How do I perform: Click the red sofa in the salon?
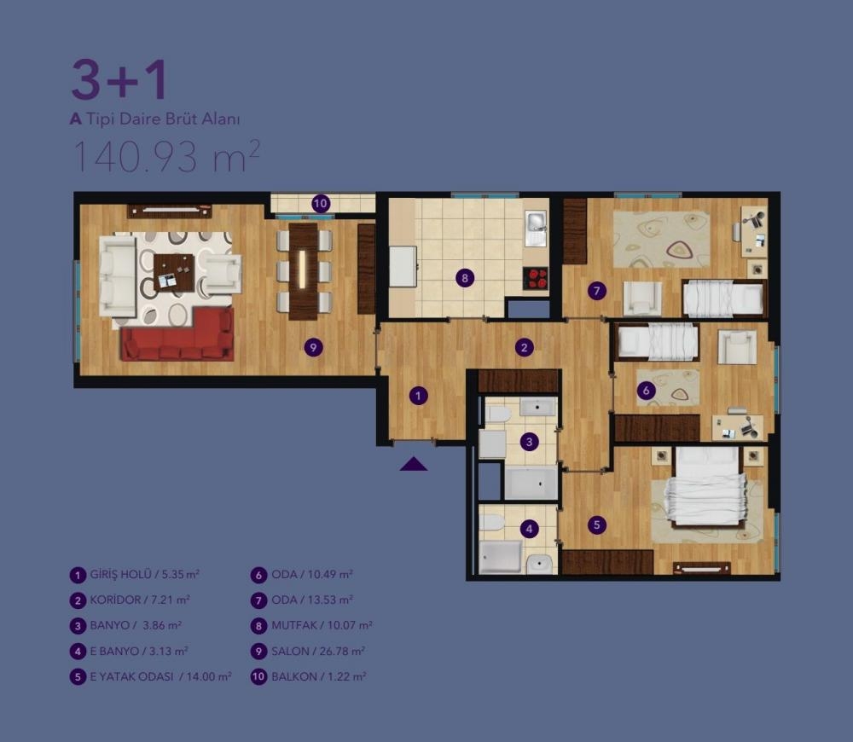click(178, 336)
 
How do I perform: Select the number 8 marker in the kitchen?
click(465, 279)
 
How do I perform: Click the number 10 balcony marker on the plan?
click(321, 204)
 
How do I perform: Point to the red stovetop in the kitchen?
click(536, 279)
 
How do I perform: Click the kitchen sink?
click(536, 229)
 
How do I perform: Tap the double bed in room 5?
click(706, 487)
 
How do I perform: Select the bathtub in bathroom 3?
click(531, 483)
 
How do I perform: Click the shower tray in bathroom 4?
click(501, 556)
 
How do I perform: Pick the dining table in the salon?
click(303, 271)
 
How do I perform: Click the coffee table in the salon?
click(174, 273)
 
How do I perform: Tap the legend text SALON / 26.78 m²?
click(318, 651)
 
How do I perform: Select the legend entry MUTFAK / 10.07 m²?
click(322, 625)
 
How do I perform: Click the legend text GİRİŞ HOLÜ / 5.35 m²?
click(145, 575)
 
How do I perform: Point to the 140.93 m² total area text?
click(166, 155)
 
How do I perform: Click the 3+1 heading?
click(119, 80)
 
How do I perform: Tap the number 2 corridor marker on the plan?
click(524, 348)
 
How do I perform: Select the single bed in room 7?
click(723, 299)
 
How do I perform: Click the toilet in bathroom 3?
click(497, 414)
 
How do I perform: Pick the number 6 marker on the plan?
click(646, 391)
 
